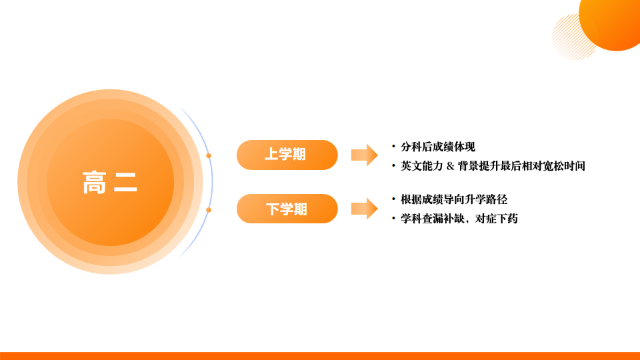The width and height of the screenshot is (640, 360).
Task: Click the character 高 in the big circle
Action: (x=95, y=182)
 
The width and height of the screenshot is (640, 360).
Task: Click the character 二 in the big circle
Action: (x=125, y=182)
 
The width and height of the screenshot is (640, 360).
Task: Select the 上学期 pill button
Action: (x=287, y=155)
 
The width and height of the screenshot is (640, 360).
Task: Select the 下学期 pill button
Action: (x=287, y=209)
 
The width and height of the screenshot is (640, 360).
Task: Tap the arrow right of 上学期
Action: (x=364, y=155)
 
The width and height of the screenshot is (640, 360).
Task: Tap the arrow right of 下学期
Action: (x=364, y=209)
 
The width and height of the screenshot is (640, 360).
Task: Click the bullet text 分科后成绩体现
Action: (x=438, y=147)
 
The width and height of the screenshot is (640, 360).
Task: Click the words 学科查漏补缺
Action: (x=430, y=218)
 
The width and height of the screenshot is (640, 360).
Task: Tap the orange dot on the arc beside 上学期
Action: (x=209, y=155)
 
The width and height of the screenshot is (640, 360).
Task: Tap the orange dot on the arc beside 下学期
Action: (x=209, y=210)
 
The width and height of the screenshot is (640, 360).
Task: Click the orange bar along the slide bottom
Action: (x=320, y=355)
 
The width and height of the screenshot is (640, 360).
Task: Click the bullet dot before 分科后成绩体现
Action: (x=393, y=146)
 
